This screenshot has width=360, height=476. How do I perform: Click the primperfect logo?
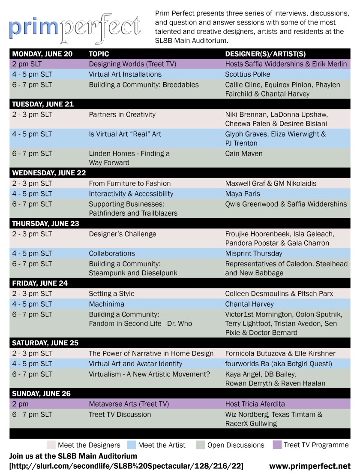[x=75, y=27]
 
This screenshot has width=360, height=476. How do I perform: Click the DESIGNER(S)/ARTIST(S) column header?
[x=265, y=54]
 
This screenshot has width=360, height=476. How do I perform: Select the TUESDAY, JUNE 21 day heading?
[x=43, y=104]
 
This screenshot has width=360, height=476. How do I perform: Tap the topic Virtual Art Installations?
[x=125, y=74]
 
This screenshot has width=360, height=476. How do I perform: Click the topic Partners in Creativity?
[x=122, y=114]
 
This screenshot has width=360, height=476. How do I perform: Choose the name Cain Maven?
[x=244, y=154]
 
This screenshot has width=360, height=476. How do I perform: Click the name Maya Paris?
[x=243, y=194]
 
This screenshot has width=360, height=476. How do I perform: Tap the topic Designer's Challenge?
[x=123, y=234]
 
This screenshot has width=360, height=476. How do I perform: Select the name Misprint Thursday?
[x=254, y=253]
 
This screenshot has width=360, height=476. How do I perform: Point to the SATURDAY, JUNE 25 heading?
[x=45, y=343]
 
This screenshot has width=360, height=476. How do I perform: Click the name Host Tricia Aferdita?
[x=255, y=404]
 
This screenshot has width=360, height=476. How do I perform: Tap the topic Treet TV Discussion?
[x=120, y=414]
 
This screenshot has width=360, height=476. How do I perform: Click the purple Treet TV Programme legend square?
[x=276, y=445]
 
